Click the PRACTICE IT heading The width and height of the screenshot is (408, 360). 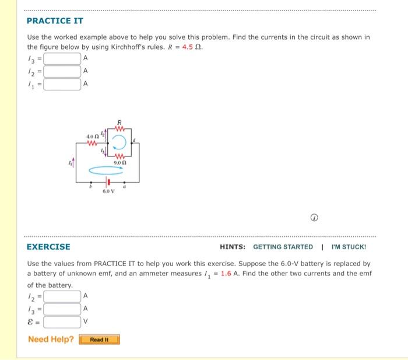coord(55,21)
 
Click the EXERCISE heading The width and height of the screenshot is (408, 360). coord(48,247)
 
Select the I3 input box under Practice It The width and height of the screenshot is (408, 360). coord(62,58)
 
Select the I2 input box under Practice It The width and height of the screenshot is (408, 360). coord(62,71)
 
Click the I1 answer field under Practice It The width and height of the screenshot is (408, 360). coord(62,84)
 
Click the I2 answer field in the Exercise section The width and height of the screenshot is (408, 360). coord(62,296)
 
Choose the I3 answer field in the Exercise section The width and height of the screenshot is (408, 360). coord(62,309)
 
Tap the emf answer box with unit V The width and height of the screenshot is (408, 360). coord(62,321)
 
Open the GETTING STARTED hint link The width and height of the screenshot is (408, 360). coord(283,247)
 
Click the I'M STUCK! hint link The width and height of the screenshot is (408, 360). coord(349,247)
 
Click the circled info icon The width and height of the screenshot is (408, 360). coord(314,218)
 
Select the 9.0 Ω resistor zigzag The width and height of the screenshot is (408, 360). coord(119,155)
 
